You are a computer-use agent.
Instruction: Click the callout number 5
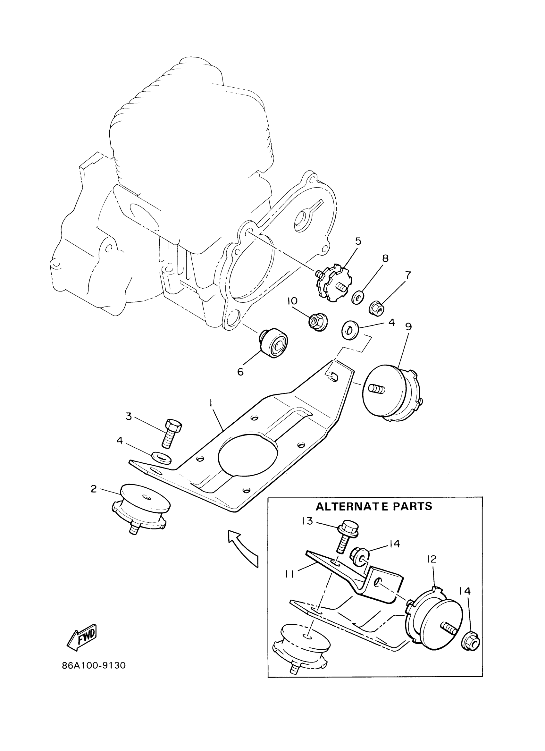tap(358, 241)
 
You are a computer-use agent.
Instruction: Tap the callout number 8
tap(385, 258)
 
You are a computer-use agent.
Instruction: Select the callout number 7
tap(408, 275)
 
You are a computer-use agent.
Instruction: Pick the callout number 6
tap(240, 372)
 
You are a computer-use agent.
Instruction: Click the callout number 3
tap(129, 416)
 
